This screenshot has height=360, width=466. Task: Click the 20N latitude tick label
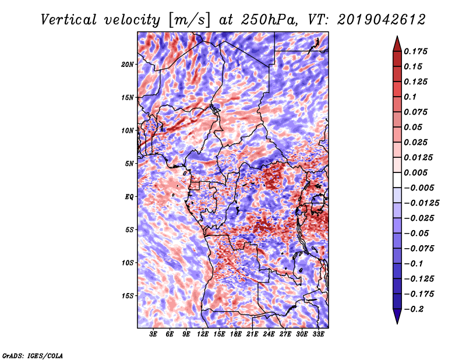coord(127,65)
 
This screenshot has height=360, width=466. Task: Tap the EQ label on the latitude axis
coord(129,197)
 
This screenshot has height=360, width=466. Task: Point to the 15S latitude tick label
coord(128,296)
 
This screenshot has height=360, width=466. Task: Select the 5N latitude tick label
coord(129,164)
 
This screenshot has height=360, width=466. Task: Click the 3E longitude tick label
coord(153,334)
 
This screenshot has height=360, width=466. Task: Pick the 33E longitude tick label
coord(318,334)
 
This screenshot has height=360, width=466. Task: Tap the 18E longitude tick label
coord(236,334)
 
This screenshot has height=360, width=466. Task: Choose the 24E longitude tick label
coord(269,334)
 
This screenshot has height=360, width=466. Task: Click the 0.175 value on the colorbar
coord(416,51)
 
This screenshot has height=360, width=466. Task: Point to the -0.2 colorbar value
coord(414,309)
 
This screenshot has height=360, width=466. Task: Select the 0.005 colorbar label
coord(416,172)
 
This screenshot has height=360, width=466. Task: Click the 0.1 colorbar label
coord(410,97)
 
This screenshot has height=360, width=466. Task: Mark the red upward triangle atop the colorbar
coord(397,44)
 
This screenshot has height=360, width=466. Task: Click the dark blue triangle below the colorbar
coord(397,316)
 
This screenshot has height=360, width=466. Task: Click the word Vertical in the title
coord(68,20)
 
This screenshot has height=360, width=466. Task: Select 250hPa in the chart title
coord(269,20)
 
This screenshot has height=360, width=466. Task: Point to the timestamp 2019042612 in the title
coord(382,20)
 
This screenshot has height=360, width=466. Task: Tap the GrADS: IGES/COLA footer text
coord(33,355)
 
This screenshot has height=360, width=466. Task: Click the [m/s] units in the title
coord(189,20)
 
